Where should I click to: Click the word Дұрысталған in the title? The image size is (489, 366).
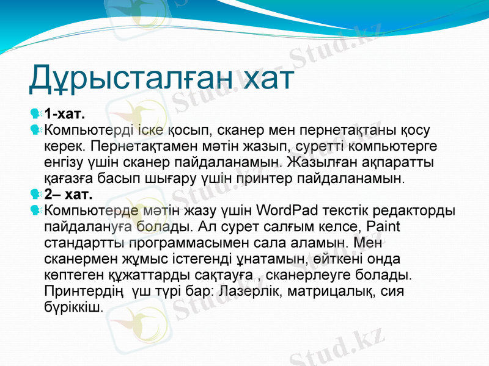129,79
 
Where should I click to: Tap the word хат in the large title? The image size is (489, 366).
268,79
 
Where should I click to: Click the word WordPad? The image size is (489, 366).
288,211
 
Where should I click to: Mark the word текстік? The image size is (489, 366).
346,211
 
